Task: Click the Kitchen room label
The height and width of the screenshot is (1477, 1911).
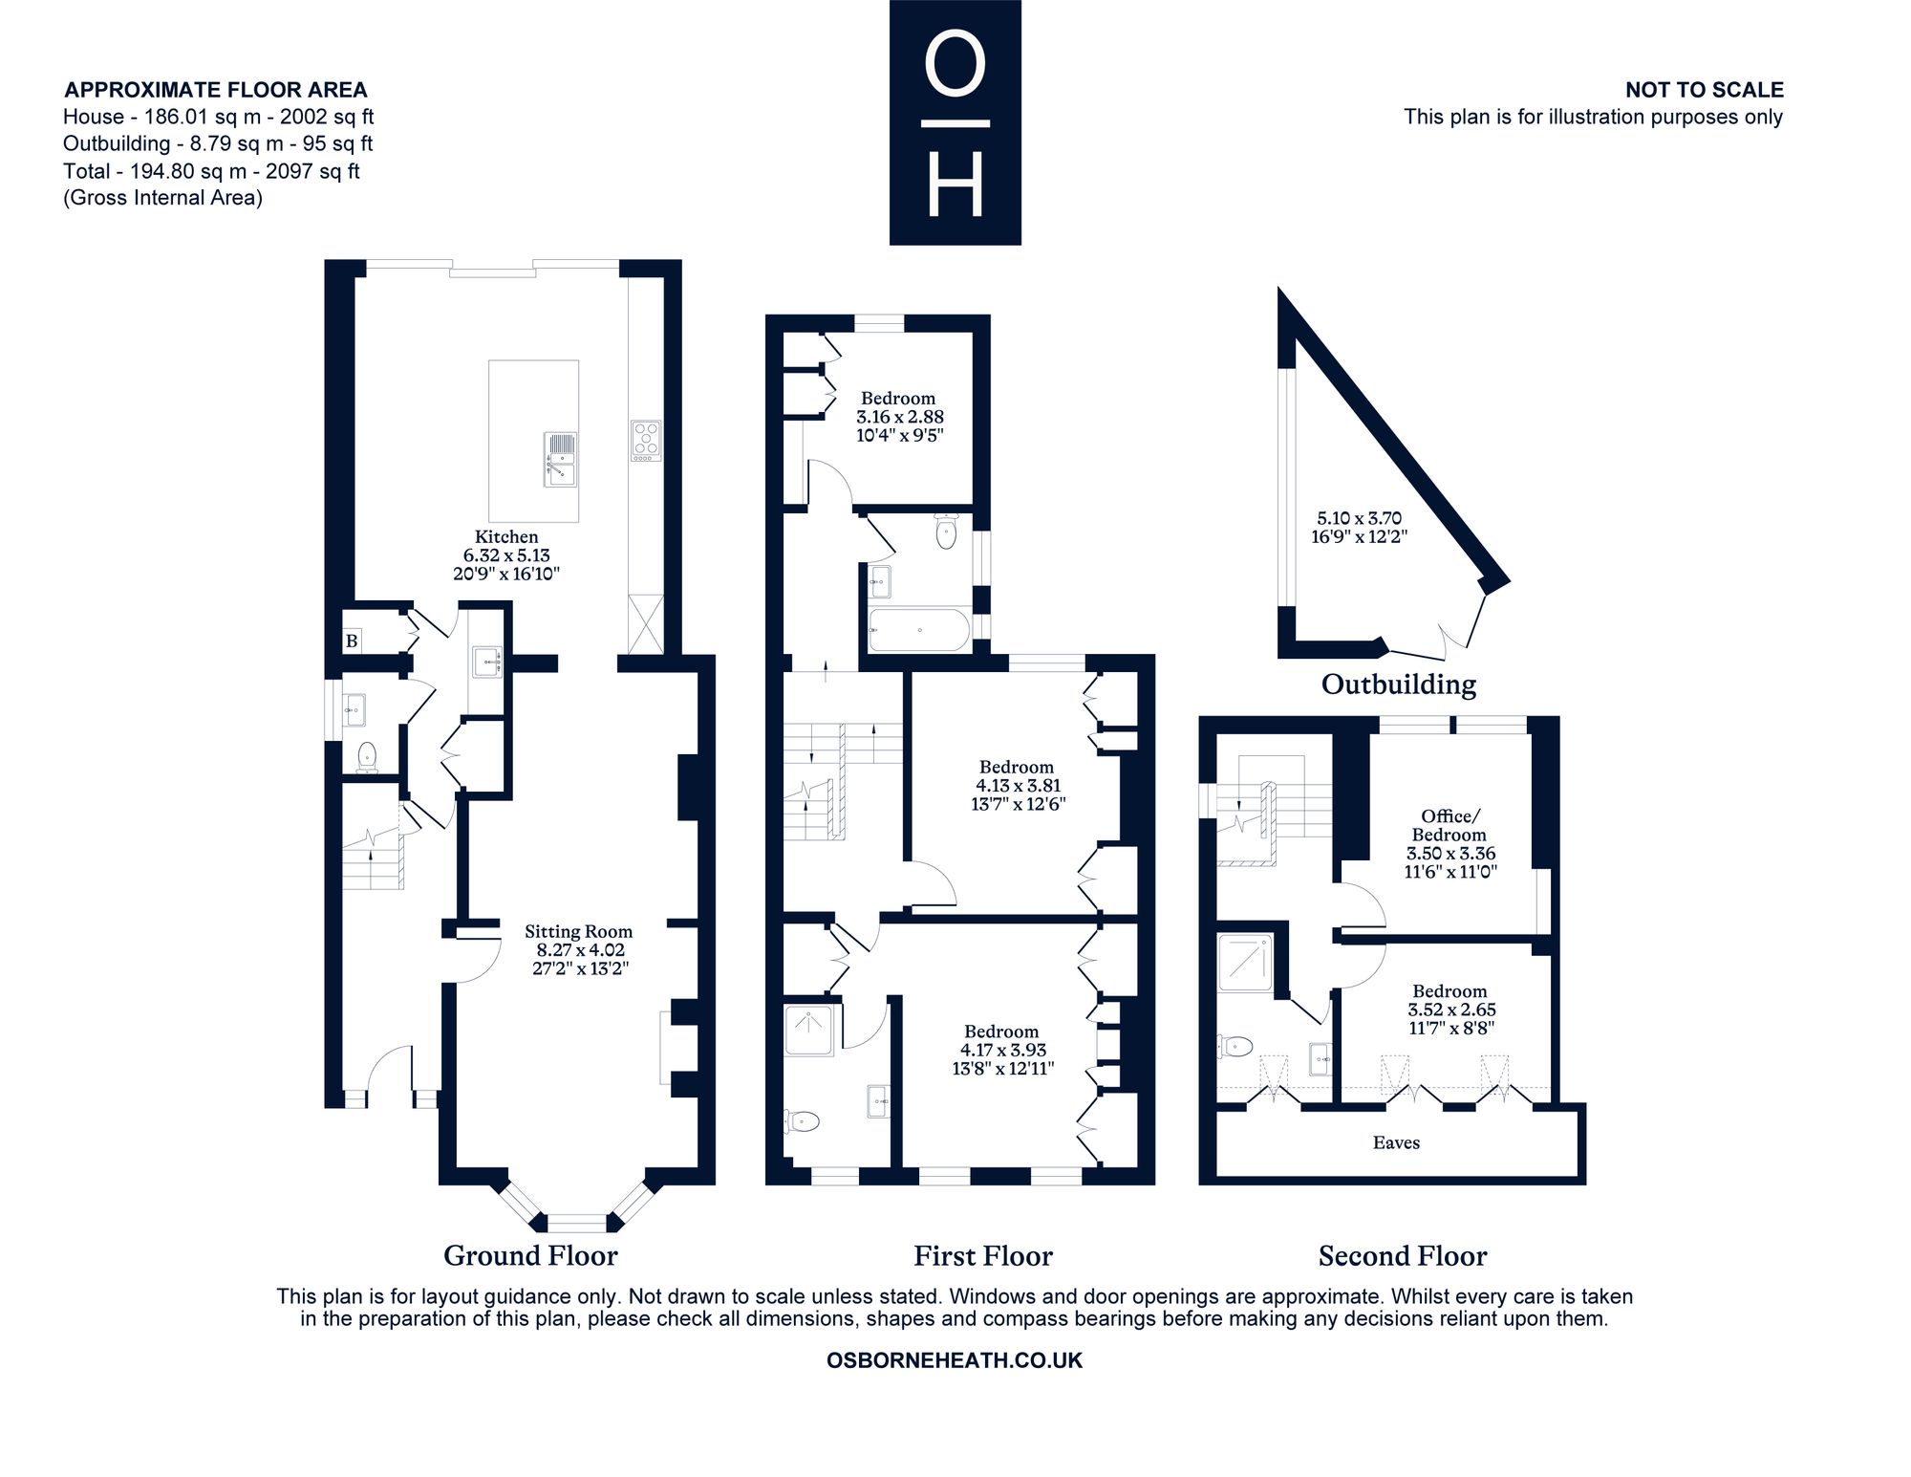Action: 506,537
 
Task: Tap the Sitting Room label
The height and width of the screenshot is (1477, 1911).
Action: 578,931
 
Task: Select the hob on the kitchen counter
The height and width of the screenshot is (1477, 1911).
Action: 646,441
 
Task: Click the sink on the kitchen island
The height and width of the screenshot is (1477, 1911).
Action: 561,458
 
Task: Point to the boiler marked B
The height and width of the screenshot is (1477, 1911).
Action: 352,641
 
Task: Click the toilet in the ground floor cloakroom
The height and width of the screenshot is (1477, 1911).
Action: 367,757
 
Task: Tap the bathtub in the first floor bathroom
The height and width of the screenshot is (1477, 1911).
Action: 919,630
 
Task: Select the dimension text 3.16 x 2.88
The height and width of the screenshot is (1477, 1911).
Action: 900,417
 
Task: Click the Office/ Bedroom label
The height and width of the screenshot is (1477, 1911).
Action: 1449,825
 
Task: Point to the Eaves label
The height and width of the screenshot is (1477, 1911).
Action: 1396,1142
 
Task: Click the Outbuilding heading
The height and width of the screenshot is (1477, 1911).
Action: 1398,684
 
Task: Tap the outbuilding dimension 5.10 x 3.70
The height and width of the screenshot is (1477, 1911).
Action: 1360,518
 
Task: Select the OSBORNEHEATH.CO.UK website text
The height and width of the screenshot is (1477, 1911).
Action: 955,1360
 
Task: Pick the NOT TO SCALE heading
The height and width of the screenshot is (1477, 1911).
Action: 1705,90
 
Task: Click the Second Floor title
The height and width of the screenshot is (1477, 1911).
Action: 1403,1255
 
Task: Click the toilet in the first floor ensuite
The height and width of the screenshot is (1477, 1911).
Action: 802,1119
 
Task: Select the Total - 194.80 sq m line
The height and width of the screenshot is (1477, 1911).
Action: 211,171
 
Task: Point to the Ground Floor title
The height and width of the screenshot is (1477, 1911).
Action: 530,1255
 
